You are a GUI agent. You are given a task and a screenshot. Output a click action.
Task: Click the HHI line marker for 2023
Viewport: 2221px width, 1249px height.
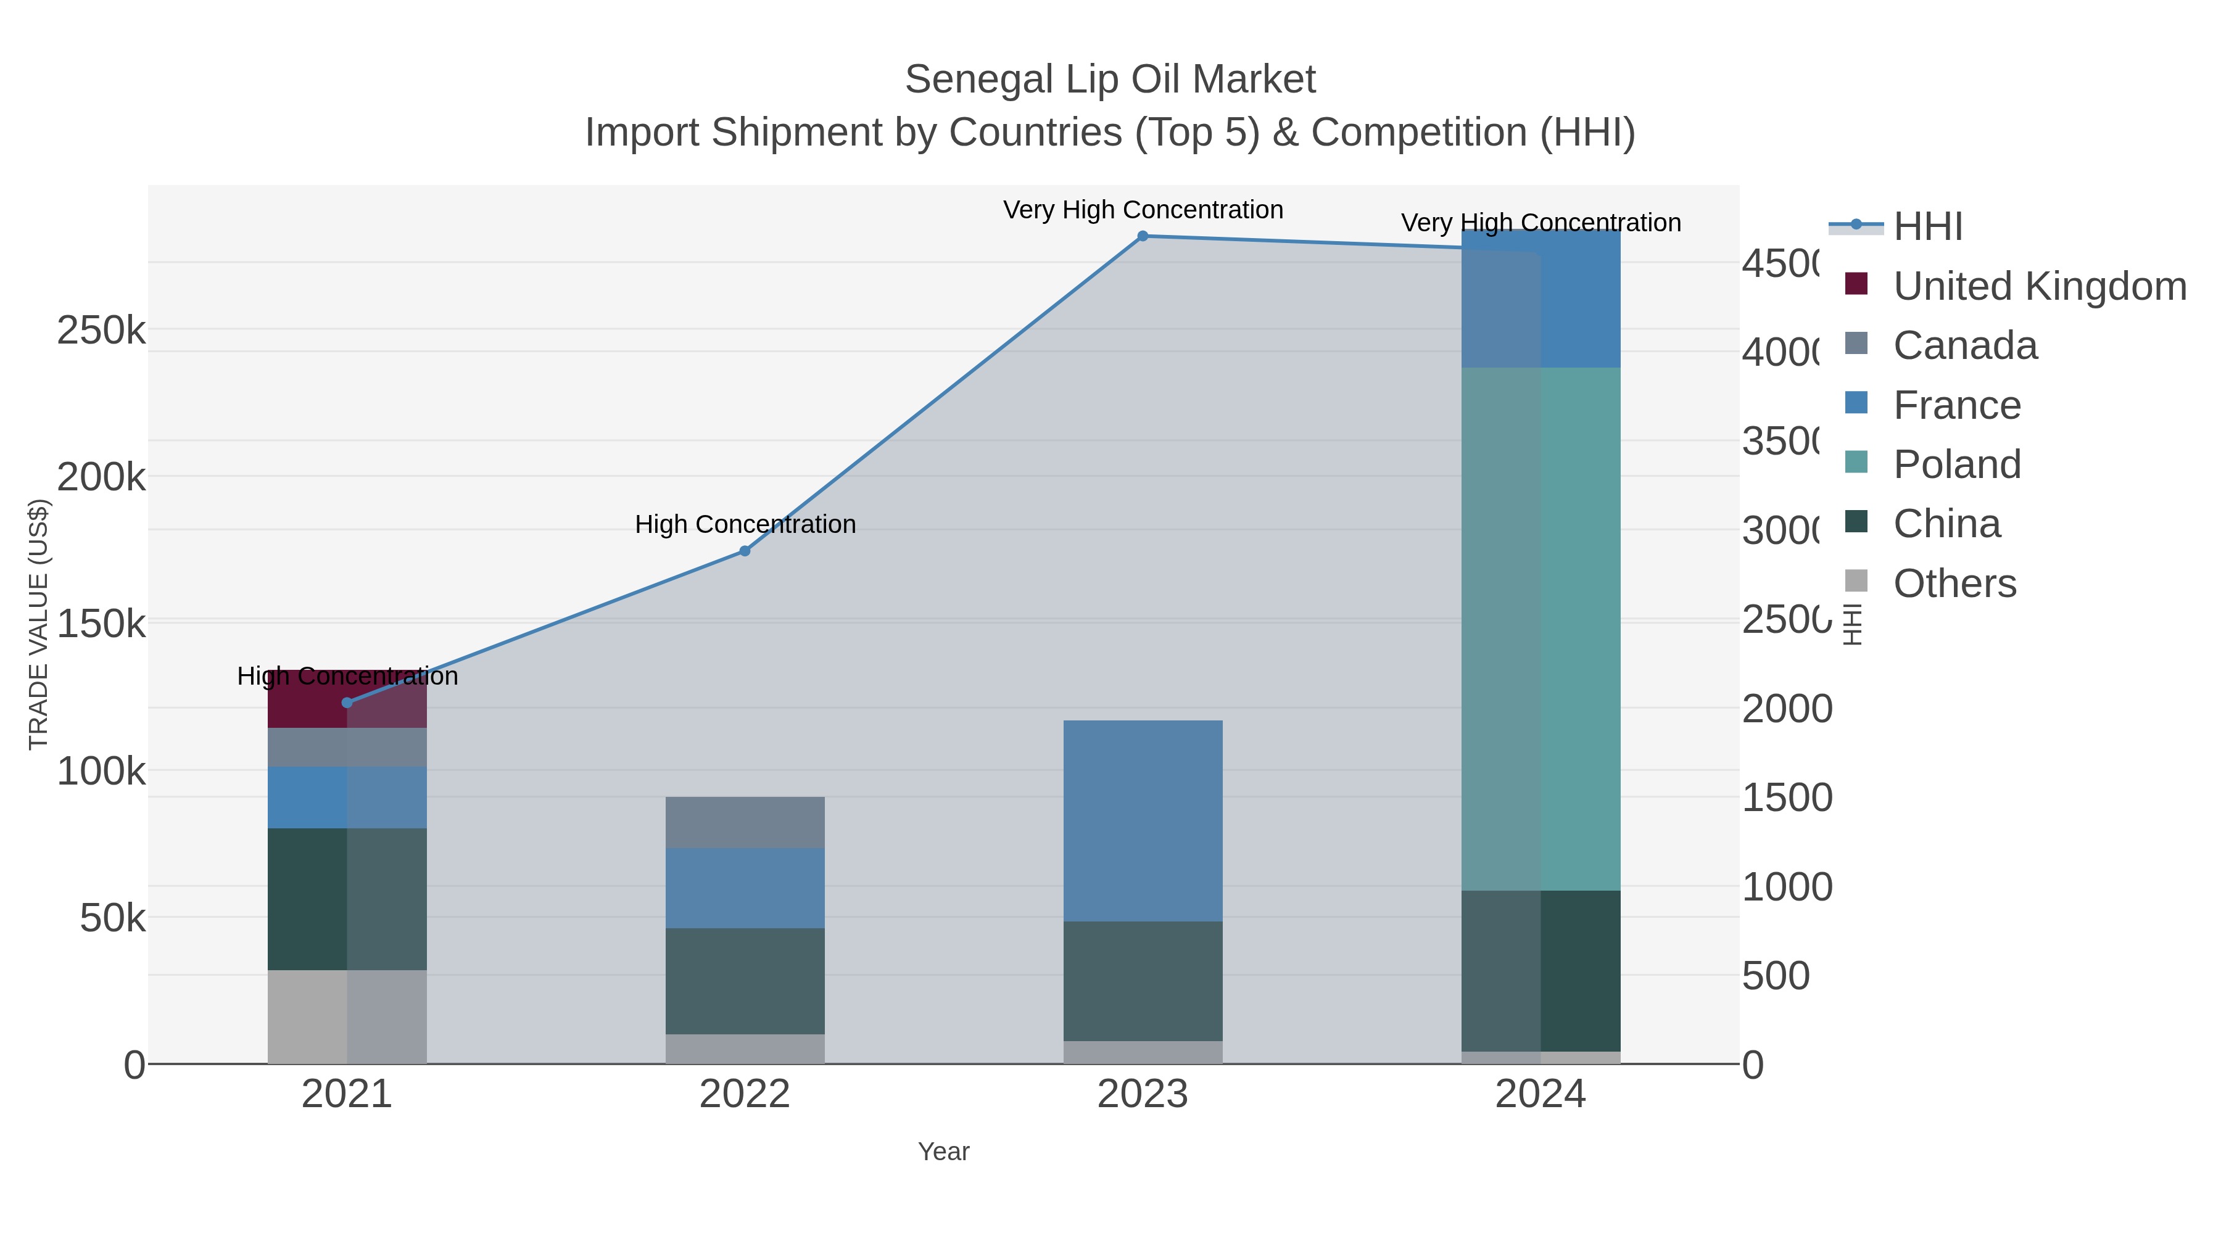1143,236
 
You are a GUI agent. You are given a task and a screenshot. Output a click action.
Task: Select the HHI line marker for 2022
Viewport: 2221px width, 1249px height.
745,551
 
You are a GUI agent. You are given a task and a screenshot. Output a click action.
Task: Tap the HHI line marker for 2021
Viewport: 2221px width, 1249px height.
347,703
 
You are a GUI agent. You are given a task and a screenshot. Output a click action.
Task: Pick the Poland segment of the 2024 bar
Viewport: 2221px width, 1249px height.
1541,629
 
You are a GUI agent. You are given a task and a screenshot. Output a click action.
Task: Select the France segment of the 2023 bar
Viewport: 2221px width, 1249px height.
1143,820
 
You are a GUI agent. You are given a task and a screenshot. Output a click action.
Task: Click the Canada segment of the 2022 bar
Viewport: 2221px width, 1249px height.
745,822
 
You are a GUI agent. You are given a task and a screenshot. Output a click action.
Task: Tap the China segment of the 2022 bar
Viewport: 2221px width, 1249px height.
745,981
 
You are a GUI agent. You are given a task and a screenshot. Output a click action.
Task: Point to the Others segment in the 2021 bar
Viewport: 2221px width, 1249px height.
347,1017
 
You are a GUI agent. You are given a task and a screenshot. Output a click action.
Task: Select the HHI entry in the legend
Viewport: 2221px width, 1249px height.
1928,227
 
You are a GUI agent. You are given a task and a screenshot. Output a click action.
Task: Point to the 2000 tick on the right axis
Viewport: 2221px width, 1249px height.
1787,709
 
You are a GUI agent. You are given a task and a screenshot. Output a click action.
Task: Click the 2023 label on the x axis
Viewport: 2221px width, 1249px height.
1143,1095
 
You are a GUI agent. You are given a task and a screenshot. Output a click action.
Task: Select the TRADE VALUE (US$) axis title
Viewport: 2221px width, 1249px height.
39,624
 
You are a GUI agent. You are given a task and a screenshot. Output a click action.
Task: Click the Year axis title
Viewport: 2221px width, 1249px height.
943,1152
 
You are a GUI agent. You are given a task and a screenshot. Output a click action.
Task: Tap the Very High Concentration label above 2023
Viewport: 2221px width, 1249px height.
1143,210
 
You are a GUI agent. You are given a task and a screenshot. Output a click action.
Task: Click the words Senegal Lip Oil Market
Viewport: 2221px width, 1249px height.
1110,80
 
